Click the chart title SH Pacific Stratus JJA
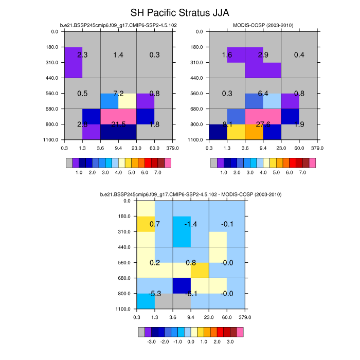180,12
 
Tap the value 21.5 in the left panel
118,124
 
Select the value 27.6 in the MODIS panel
263,124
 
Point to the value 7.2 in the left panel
118,94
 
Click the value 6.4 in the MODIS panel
263,94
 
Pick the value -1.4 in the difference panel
191,224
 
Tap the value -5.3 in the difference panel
155,294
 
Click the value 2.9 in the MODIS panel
263,55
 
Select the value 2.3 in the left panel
82,55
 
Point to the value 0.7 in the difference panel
154,224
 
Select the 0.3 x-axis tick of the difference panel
136,317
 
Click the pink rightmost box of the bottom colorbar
240,332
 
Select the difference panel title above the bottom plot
191,194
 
